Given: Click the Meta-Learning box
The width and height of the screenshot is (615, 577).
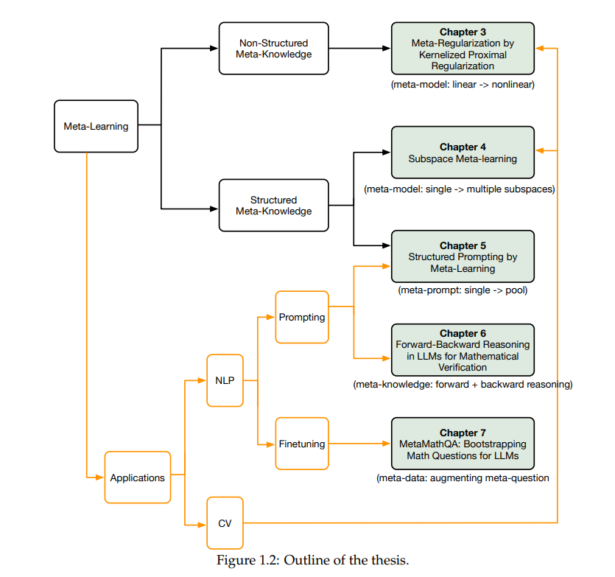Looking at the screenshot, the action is [96, 126].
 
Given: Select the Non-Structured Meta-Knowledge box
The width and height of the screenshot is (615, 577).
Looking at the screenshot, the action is [274, 49].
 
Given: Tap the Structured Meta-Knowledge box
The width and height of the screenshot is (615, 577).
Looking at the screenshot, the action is [274, 206].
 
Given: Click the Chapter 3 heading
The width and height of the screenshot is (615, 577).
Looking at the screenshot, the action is [463, 32].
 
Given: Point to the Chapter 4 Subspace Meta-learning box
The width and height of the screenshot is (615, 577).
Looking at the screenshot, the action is [463, 153].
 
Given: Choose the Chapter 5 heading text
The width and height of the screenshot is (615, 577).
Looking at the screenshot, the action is [463, 245].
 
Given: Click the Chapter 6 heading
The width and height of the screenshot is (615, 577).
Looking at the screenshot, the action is [463, 333].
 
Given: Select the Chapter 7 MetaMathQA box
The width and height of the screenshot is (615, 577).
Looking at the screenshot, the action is [463, 444].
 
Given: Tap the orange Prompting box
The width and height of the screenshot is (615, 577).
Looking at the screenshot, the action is [302, 317].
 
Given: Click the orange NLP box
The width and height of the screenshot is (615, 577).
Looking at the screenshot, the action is [225, 380].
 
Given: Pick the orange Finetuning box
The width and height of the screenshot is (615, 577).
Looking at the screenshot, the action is [302, 444].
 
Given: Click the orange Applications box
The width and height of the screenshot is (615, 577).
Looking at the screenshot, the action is [138, 478].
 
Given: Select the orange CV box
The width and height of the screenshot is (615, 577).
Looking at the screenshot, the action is [225, 523].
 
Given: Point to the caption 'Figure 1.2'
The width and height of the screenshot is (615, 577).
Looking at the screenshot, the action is [248, 560].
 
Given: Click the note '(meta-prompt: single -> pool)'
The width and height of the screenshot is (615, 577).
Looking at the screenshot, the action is [463, 290].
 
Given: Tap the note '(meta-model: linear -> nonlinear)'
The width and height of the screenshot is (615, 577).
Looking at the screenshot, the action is [463, 85].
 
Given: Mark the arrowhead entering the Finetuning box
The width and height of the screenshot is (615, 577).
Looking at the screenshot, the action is [270, 444].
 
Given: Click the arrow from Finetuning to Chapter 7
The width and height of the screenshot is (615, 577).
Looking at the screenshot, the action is [359, 444].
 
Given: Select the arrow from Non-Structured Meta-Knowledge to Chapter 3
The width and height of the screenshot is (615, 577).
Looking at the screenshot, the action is [359, 49].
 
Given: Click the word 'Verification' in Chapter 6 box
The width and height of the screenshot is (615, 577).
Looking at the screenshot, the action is [463, 368].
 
